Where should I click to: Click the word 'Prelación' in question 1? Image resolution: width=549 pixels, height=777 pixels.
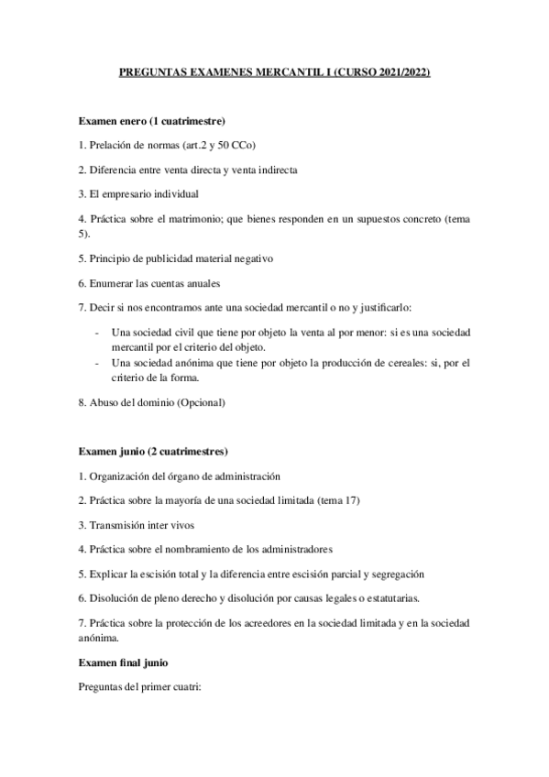coord(112,146)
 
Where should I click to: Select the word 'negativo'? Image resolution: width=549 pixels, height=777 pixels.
coord(251,257)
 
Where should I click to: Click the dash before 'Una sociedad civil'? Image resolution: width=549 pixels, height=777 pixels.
coord(98,332)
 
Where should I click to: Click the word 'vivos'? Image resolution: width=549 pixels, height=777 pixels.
coord(180,525)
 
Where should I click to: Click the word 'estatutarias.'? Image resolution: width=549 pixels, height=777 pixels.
coord(387,598)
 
